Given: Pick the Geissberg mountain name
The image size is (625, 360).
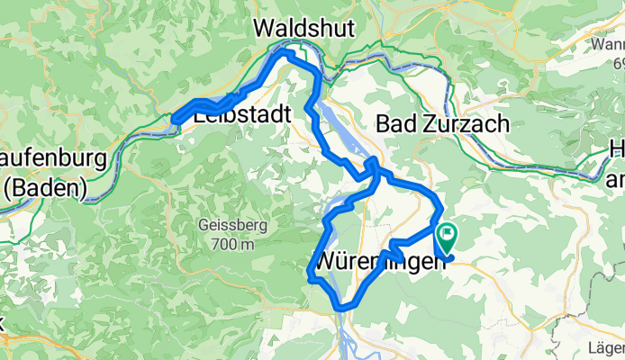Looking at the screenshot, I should [229, 226].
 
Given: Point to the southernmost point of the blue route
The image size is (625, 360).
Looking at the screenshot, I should [341, 309].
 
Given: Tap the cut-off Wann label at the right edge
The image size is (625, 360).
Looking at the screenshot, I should [608, 43].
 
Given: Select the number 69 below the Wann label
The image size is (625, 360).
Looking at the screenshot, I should [616, 63].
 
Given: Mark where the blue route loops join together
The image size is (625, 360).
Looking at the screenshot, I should [372, 171].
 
